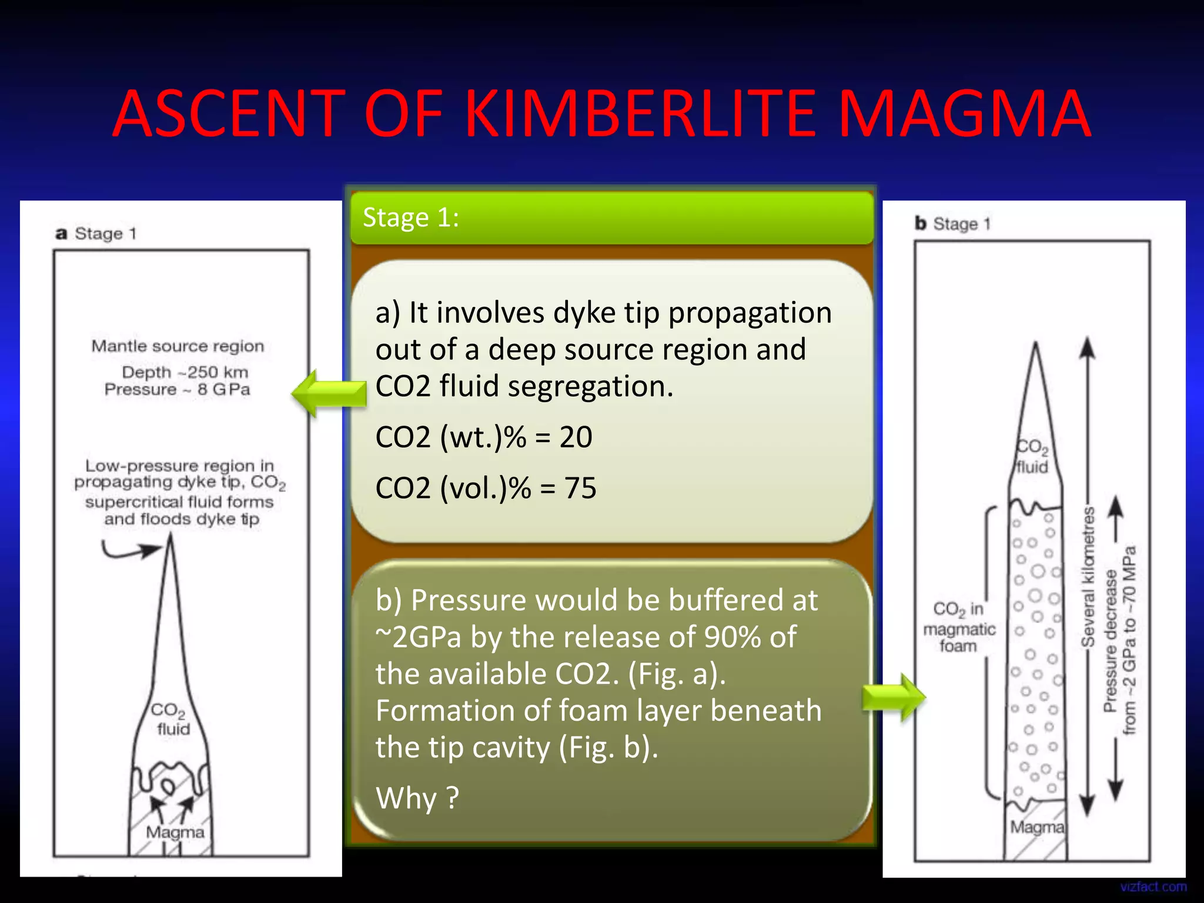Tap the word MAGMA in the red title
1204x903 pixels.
[x=964, y=113]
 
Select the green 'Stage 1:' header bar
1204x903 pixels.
[x=611, y=218]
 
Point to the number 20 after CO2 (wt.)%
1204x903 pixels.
[x=576, y=437]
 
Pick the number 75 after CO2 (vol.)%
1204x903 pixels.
[x=580, y=488]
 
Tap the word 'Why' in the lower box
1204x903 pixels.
[x=406, y=798]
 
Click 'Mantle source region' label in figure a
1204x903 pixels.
[x=178, y=346]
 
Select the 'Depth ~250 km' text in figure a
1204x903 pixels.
[x=185, y=372]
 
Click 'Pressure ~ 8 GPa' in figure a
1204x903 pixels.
[x=178, y=390]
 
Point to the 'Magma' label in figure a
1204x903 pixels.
[x=175, y=832]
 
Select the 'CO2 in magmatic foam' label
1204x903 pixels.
[x=959, y=627]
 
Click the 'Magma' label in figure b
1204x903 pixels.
[x=1037, y=828]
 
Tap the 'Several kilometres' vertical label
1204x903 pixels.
[x=1088, y=576]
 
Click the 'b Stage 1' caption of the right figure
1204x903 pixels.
[x=952, y=224]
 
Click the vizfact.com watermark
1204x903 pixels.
[x=1153, y=887]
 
